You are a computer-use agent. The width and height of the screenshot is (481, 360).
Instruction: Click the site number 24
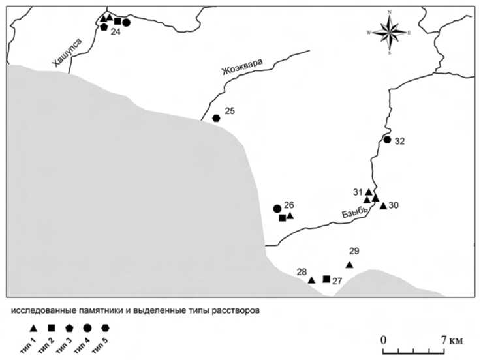[115, 32]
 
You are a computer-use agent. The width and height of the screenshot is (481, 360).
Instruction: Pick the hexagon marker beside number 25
[216, 118]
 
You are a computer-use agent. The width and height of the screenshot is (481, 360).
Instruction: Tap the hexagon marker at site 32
[387, 140]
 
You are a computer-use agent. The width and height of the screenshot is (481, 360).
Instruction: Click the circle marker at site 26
[277, 209]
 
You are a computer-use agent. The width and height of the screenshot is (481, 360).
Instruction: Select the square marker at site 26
[282, 218]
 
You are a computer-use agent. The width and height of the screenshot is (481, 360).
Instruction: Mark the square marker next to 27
[326, 279]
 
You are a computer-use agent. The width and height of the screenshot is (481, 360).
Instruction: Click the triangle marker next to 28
[311, 280]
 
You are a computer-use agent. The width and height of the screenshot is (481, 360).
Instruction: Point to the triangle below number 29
[349, 265]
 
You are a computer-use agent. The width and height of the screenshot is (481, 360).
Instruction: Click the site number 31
[357, 192]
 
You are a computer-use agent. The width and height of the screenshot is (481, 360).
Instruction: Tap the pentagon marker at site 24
[104, 27]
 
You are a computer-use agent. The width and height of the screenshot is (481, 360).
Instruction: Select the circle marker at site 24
[126, 22]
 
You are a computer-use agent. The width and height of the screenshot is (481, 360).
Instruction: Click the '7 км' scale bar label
[450, 340]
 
